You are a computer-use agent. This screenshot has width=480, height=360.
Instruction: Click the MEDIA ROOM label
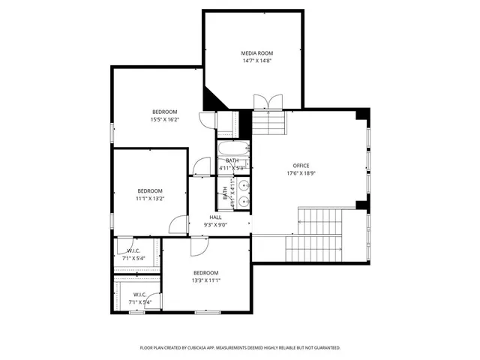[256, 53]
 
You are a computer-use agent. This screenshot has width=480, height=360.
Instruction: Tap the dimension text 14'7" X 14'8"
[256, 61]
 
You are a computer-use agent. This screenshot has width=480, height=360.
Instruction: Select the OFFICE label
[301, 166]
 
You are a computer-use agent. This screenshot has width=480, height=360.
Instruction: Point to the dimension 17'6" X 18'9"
[301, 174]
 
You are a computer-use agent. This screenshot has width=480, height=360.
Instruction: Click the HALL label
[215, 217]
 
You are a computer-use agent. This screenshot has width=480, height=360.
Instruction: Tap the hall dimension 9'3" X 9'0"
[215, 225]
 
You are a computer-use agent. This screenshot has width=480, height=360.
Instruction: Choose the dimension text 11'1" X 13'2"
[149, 199]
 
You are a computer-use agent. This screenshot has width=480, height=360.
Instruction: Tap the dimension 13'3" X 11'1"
[205, 280]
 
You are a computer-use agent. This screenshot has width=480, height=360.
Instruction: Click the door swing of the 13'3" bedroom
[198, 247]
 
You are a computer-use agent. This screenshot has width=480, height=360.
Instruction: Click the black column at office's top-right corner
[363, 115]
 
